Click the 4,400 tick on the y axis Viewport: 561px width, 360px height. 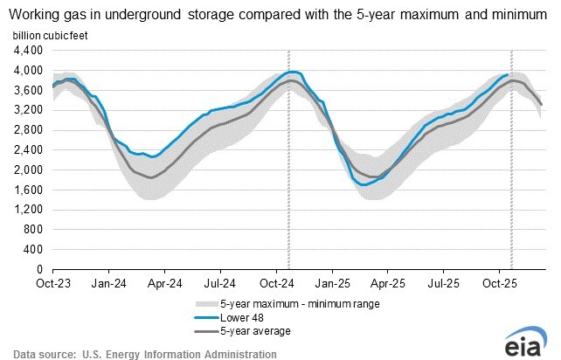(27, 50)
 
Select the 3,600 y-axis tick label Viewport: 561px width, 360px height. (27, 90)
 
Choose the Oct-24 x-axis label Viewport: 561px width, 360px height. (279, 284)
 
